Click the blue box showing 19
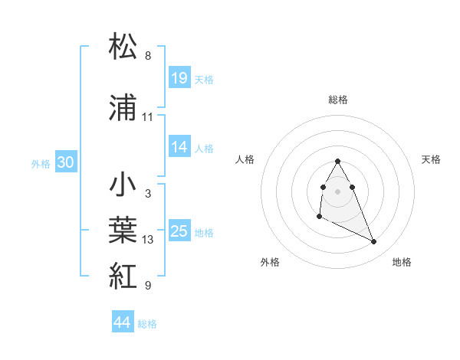(x=179, y=78)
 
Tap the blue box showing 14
(x=179, y=147)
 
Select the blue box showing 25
(x=179, y=231)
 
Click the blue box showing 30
(x=65, y=162)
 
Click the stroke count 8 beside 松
(x=148, y=56)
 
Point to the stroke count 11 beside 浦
(x=148, y=117)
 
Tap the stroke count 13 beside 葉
(x=148, y=240)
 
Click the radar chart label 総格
(x=338, y=100)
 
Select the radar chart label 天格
(x=432, y=159)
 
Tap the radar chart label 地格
(x=402, y=263)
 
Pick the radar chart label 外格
(x=270, y=263)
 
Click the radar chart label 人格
(x=245, y=159)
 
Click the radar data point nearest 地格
(x=374, y=242)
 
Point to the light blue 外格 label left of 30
(x=41, y=163)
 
